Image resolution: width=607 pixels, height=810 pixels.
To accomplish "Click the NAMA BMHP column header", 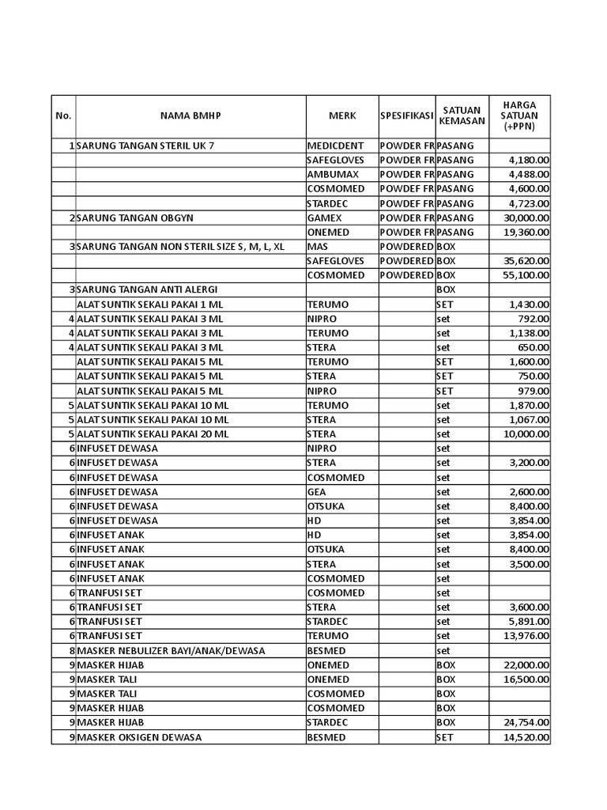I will [x=190, y=115].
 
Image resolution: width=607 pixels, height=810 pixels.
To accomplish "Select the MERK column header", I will [x=342, y=115].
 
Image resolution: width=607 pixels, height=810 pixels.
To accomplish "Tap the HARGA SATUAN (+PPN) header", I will [x=519, y=115].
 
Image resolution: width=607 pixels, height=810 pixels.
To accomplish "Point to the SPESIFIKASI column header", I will [x=406, y=115].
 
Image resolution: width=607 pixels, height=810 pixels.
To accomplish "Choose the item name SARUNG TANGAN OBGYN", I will [x=135, y=218].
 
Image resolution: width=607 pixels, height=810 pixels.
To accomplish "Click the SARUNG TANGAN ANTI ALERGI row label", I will [x=147, y=290].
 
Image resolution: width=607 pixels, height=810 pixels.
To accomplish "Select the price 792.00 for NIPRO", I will [x=535, y=319].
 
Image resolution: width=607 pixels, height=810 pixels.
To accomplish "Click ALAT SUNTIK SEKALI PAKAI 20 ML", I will [x=153, y=434].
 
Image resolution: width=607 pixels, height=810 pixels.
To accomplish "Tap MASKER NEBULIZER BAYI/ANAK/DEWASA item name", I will [x=171, y=650].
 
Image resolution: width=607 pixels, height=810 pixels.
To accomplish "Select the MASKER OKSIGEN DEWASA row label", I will [x=139, y=737].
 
